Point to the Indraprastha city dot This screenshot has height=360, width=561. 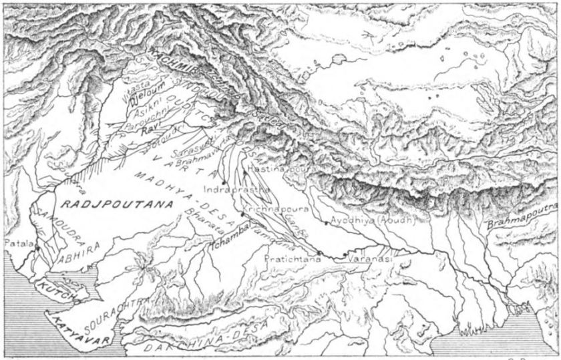(222, 182)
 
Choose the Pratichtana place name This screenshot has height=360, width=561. (289, 255)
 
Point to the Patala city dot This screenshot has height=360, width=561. (38, 249)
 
